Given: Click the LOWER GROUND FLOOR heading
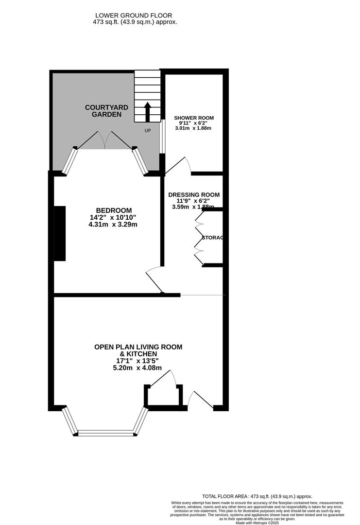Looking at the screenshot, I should pyautogui.click(x=135, y=16).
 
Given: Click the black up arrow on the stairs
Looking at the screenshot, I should pyautogui.click(x=148, y=111).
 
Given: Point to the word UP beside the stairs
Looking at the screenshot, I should pyautogui.click(x=148, y=131).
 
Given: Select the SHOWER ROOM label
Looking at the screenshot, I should pyautogui.click(x=194, y=118).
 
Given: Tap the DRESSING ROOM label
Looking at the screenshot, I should pyautogui.click(x=194, y=194).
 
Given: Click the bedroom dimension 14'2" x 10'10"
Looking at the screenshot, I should pyautogui.click(x=113, y=217).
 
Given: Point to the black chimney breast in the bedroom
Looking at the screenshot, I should pyautogui.click(x=59, y=233).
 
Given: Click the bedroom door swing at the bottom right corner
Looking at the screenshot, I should pyautogui.click(x=154, y=280).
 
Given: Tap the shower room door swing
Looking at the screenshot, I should pyautogui.click(x=178, y=165).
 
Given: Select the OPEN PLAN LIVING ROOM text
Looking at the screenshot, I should pyautogui.click(x=138, y=347).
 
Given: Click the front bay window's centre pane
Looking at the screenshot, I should pyautogui.click(x=105, y=432).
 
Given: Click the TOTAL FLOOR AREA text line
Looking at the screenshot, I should pyautogui.click(x=257, y=496).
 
